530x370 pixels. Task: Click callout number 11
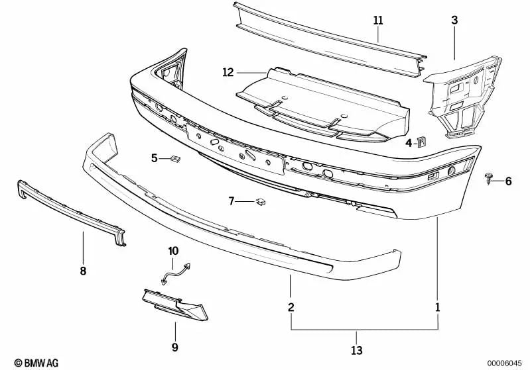click(377, 21)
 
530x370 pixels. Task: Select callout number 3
click(454, 21)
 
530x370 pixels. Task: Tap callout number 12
click(228, 73)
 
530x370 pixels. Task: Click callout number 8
click(83, 271)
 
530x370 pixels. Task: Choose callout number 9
click(175, 346)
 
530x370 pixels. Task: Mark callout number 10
click(173, 251)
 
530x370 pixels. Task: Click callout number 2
click(291, 307)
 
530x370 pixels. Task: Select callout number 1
click(437, 307)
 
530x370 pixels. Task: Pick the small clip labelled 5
click(176, 158)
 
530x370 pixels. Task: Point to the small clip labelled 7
click(261, 201)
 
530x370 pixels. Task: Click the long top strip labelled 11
click(325, 36)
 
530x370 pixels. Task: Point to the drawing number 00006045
click(503, 362)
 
